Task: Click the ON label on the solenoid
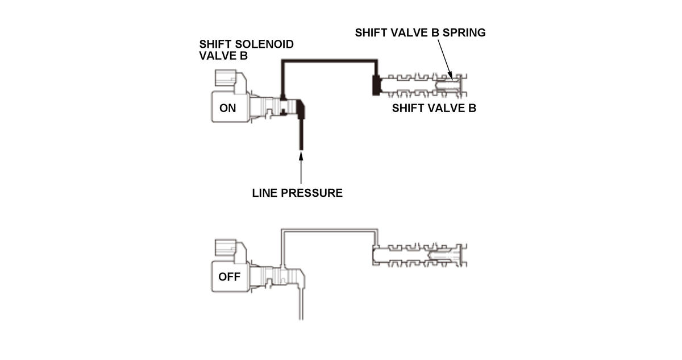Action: (227, 107)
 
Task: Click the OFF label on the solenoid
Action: (229, 278)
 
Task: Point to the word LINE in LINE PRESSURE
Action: (264, 193)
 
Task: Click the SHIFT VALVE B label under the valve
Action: (434, 108)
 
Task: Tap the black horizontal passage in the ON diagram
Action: (330, 59)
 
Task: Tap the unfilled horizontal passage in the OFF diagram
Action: (330, 229)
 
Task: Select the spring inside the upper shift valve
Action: (449, 85)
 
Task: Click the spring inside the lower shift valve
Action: (449, 254)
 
